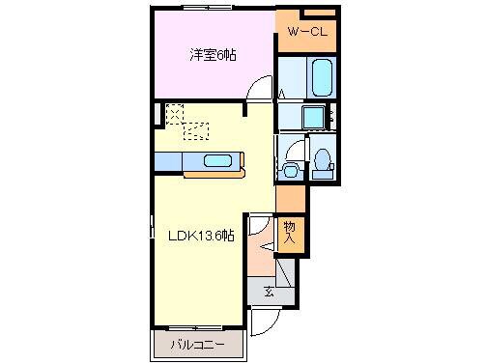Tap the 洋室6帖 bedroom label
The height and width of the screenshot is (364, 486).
[212, 55]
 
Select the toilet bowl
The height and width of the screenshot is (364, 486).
[324, 161]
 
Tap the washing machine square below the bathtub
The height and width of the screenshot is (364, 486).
[313, 118]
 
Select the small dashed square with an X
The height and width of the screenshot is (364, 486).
[174, 114]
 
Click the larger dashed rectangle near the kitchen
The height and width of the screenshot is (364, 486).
[196, 130]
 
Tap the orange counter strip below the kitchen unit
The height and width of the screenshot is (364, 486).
[214, 175]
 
